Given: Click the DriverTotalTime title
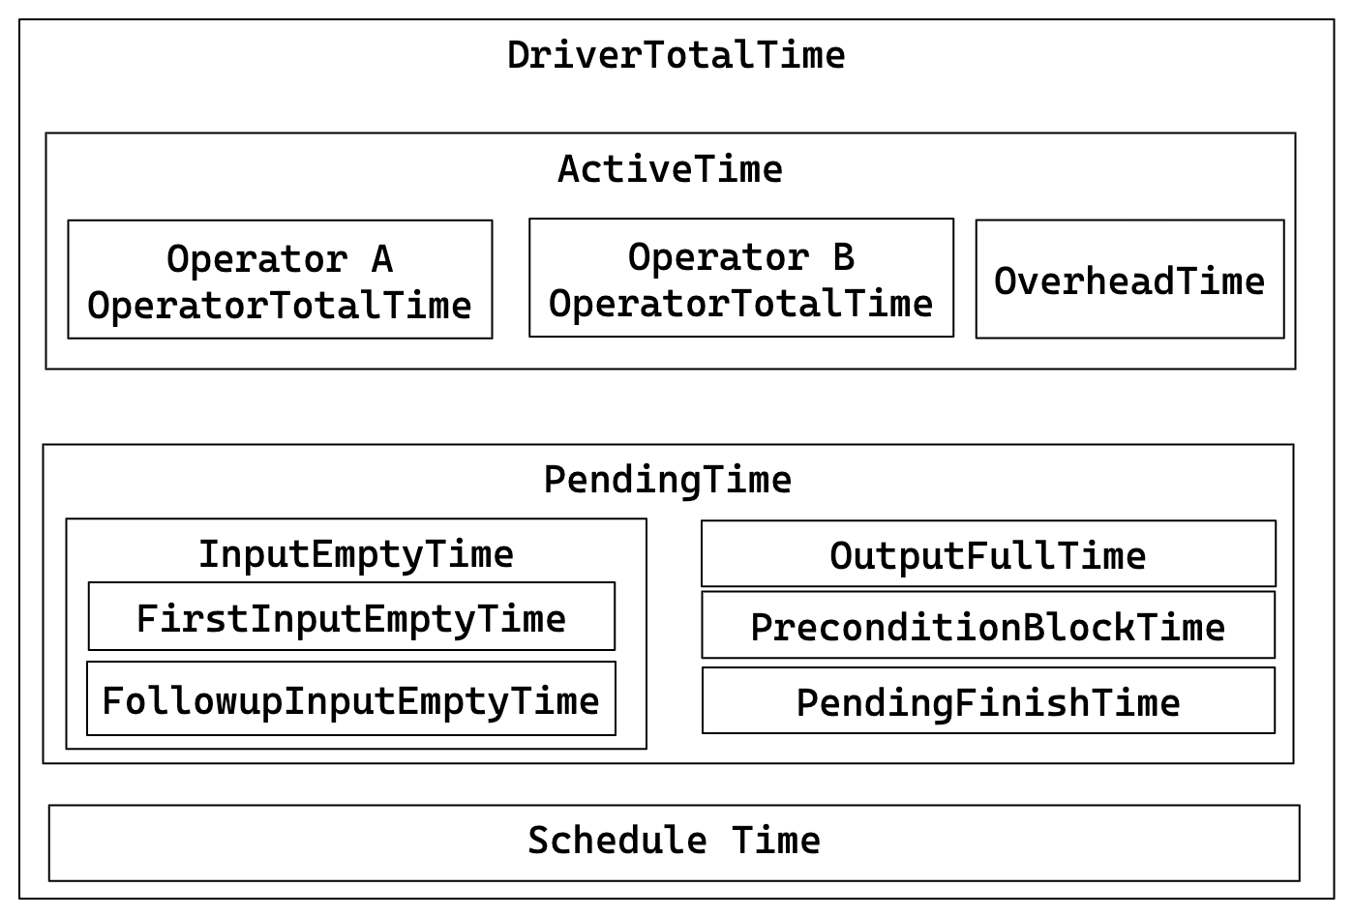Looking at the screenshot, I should [x=676, y=55].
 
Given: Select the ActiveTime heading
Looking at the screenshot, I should [x=670, y=169].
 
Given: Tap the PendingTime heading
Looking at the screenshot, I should [x=668, y=480].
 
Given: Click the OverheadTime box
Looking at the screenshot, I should [x=1129, y=280].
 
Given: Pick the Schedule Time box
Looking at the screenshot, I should [x=674, y=843].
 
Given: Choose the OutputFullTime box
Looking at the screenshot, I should [x=988, y=554].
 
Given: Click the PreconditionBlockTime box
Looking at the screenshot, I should [x=988, y=626].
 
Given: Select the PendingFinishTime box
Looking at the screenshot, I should [x=988, y=701].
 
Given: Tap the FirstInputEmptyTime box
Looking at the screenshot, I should [x=351, y=617].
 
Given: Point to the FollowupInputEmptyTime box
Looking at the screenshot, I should [x=351, y=699].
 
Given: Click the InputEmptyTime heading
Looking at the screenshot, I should [x=356, y=554].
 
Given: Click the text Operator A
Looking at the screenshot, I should [x=280, y=259].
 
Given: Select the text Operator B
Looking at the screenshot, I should [x=741, y=257].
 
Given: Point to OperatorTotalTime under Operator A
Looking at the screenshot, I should [x=280, y=306].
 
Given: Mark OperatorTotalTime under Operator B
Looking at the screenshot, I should [x=741, y=304].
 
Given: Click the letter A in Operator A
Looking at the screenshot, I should [x=382, y=259].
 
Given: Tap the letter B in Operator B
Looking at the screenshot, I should [x=844, y=257].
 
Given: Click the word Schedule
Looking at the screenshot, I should [x=616, y=841].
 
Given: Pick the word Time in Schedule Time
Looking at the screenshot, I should [x=776, y=841].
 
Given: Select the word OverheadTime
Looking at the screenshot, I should [x=1129, y=281].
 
